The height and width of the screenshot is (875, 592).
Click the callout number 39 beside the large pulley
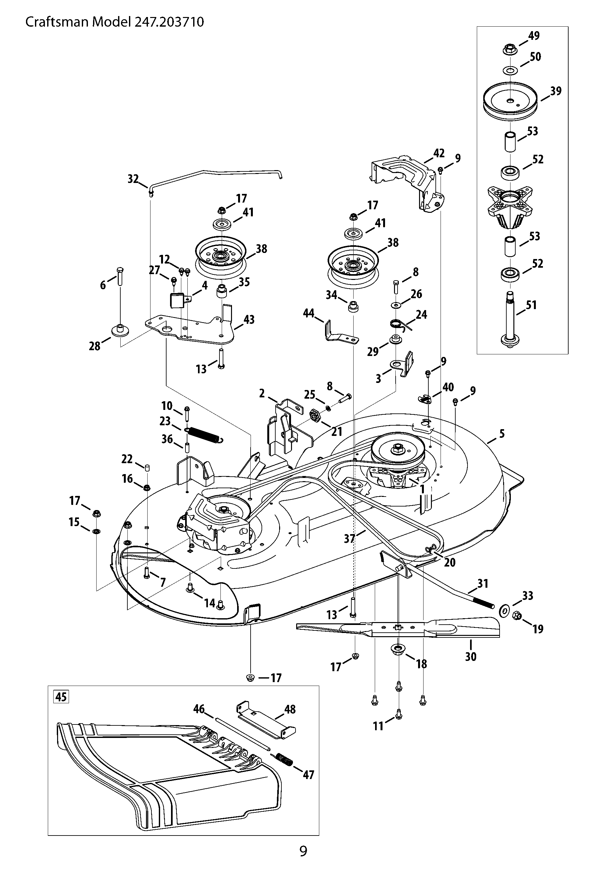point(555,91)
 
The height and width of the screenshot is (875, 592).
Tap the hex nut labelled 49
point(509,49)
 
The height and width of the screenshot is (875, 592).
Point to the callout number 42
point(439,153)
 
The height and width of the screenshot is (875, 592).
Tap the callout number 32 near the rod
point(133,179)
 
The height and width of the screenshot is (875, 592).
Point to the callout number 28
point(94,346)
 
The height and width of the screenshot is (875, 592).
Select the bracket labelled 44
point(340,333)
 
